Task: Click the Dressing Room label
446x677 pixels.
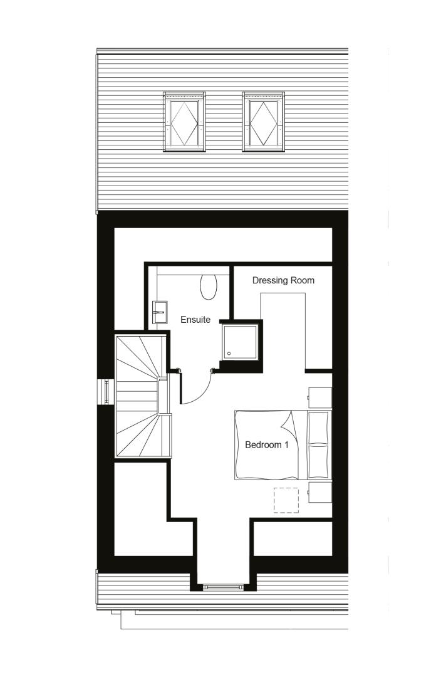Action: [283, 281]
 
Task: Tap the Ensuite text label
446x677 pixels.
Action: [195, 320]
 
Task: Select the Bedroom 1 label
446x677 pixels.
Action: [267, 444]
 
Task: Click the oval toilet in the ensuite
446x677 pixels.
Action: [208, 286]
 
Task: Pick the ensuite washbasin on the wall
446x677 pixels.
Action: [158, 312]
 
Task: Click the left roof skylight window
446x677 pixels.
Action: [184, 122]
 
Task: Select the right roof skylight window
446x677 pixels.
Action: [263, 122]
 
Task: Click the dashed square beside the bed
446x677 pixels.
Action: [286, 500]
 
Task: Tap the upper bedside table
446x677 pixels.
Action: [319, 397]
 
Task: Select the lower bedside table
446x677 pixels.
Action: [319, 492]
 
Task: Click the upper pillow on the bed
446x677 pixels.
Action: [318, 428]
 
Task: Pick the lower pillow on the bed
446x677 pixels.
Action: [318, 461]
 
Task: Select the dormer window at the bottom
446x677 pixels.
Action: [224, 587]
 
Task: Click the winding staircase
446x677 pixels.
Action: [142, 396]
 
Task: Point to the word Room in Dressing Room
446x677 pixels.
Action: [303, 281]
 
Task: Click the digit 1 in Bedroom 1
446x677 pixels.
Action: [286, 444]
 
